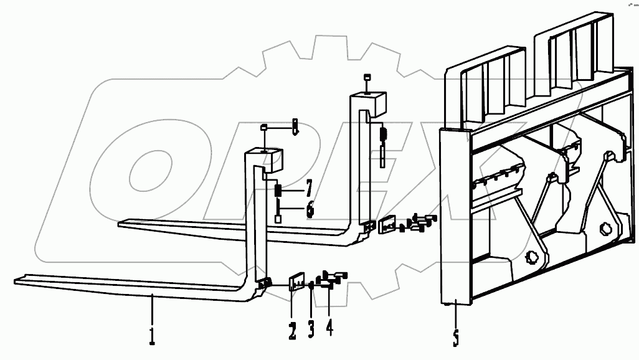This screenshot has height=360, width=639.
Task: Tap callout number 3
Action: click(311, 328)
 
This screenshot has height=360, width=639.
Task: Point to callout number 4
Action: click(329, 326)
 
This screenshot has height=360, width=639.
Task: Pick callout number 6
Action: click(310, 209)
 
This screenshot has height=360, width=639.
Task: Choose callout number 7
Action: click(309, 187)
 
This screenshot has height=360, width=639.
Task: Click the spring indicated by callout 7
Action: click(278, 189)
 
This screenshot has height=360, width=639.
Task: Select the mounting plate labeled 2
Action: click(295, 282)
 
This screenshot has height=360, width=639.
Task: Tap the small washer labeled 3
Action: click(311, 287)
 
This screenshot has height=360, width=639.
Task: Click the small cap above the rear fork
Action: click(367, 78)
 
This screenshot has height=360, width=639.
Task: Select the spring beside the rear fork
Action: click(384, 133)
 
